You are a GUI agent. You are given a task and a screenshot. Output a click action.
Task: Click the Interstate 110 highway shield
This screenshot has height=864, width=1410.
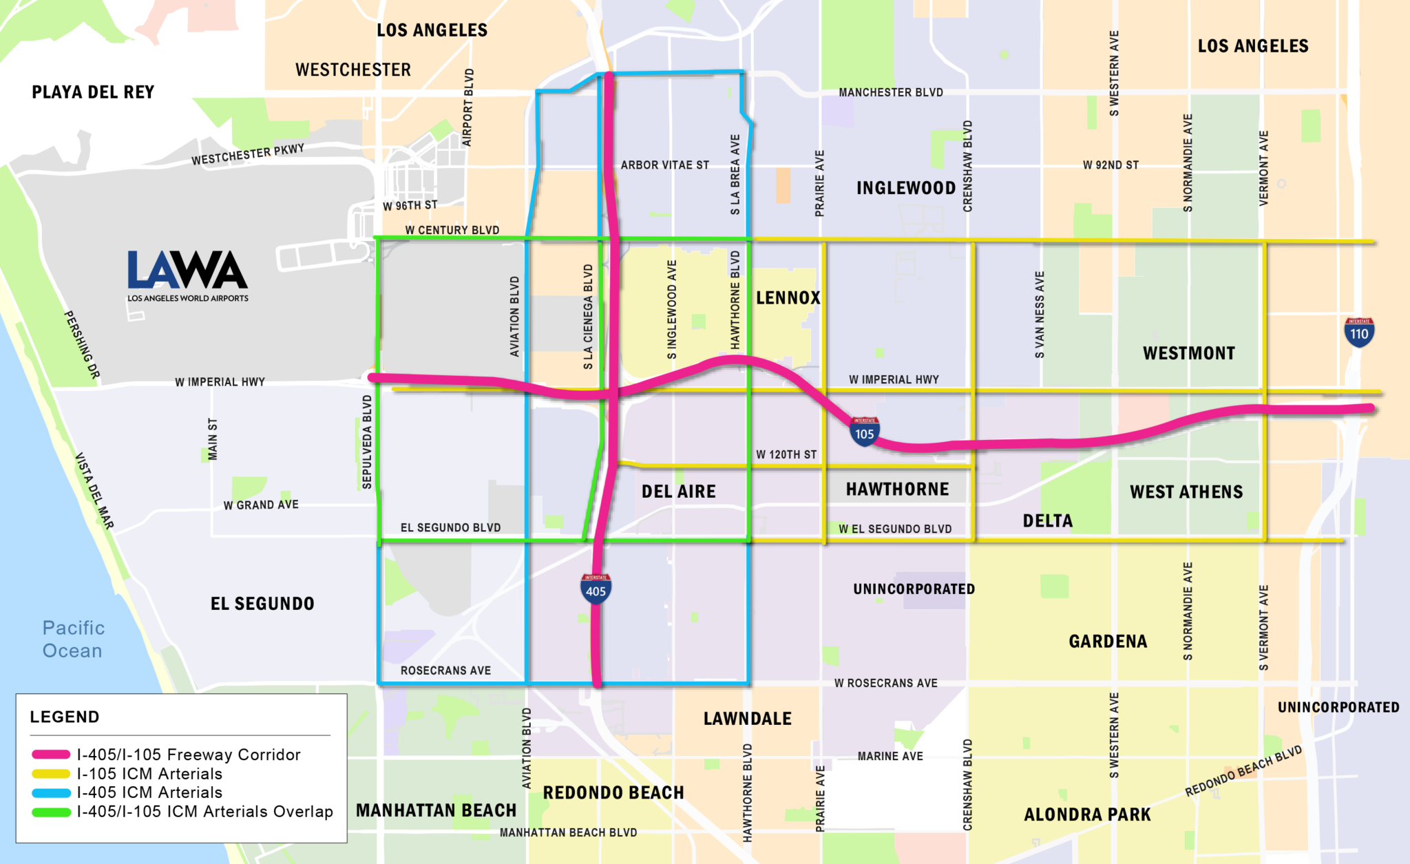[1359, 333]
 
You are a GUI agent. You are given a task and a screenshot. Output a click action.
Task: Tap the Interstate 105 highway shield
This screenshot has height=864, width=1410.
[864, 432]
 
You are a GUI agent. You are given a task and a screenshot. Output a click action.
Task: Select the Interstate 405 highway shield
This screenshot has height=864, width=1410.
[596, 589]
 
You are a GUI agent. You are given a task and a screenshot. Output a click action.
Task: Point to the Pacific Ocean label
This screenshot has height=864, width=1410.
[73, 639]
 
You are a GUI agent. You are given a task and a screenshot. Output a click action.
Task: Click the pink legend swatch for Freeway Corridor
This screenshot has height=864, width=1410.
[51, 755]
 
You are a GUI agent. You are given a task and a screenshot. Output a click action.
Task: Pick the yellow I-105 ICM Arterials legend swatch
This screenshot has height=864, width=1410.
[51, 774]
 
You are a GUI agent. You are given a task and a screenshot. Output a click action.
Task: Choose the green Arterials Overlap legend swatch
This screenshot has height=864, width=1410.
[51, 812]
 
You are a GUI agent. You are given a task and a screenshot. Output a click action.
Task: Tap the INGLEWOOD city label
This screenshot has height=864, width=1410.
[905, 188]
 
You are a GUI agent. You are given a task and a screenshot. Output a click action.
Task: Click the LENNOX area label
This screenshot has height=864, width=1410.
[788, 298]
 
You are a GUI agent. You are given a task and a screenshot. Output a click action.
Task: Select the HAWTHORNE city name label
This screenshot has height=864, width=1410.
[897, 489]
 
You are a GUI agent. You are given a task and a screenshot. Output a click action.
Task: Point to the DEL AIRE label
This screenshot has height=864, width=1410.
[678, 492]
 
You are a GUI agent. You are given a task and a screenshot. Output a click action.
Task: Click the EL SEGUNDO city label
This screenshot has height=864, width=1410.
[262, 604]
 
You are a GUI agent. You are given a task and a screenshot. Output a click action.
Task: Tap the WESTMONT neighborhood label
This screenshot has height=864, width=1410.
[1189, 353]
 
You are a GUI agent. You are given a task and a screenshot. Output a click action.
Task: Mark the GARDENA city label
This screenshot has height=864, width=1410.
[1108, 642]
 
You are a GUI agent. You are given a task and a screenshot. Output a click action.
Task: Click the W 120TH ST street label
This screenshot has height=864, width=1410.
[786, 454]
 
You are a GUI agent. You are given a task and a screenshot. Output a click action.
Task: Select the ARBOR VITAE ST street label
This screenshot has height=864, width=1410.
[664, 165]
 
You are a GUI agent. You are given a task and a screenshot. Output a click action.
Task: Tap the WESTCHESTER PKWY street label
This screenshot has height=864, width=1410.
[248, 154]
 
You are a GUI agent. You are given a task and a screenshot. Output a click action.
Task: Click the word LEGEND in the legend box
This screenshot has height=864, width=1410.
[65, 717]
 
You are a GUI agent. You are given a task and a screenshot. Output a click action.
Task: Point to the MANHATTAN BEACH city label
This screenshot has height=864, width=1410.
[436, 810]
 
